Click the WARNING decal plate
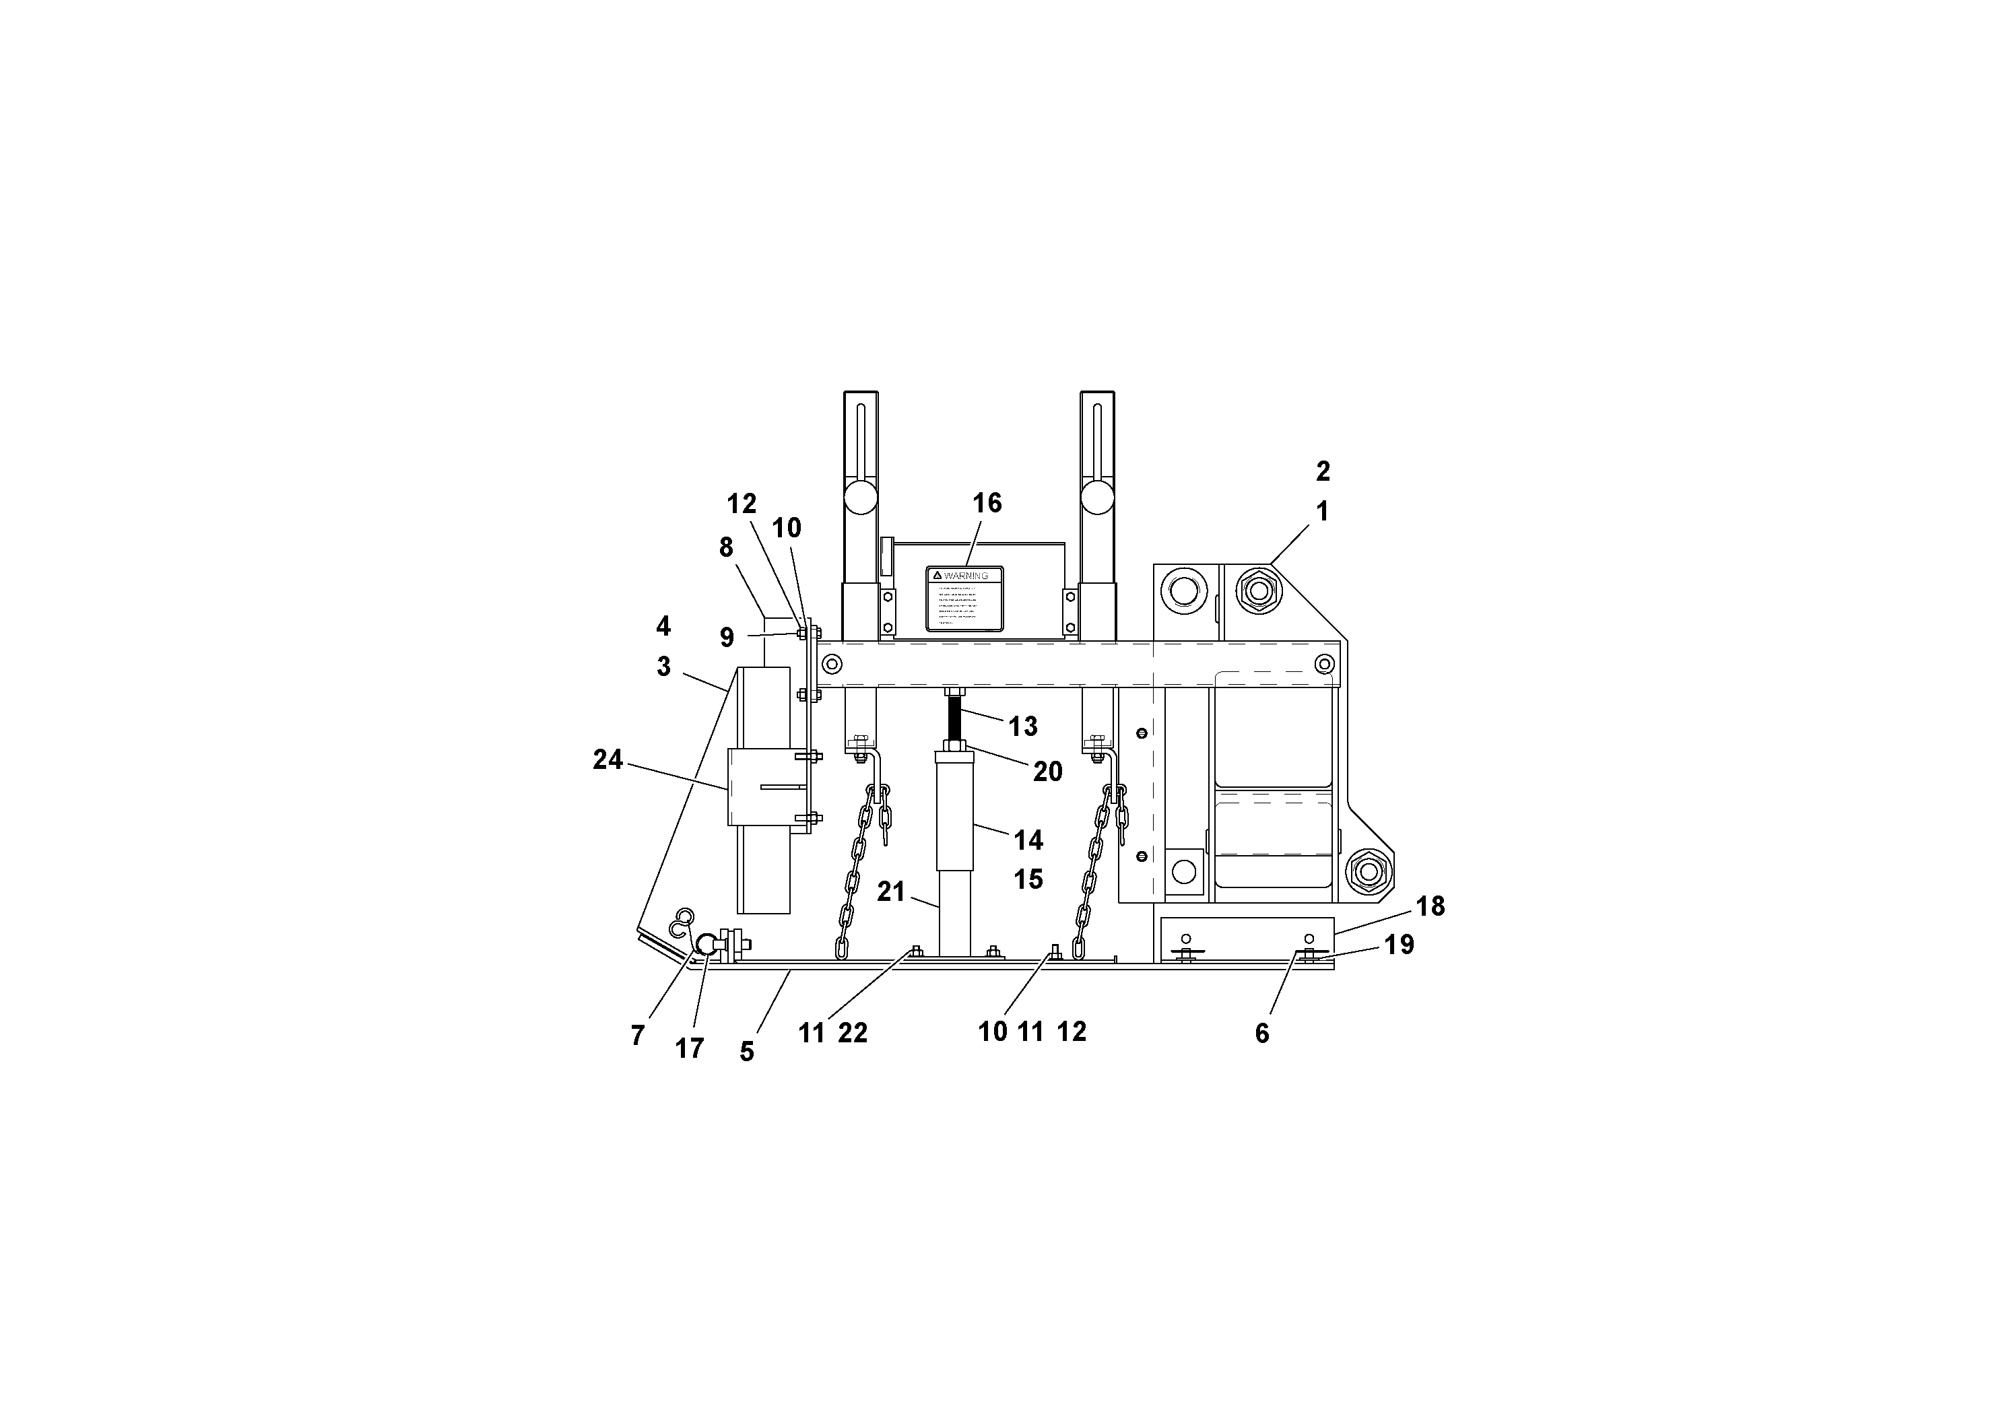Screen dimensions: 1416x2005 coord(964,598)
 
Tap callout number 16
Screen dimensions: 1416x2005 coord(987,503)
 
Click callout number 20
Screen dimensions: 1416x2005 coord(1047,771)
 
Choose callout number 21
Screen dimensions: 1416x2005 coord(891,891)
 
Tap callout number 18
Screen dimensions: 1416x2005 coord(1431,906)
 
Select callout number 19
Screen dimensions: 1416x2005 coord(1399,945)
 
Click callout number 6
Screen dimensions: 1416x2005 coord(1262,1034)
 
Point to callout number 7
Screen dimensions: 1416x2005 coord(638,1036)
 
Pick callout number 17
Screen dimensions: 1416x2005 coord(689,1048)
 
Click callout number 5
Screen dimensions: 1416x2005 coord(747,1052)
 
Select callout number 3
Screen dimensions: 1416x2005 coord(663,667)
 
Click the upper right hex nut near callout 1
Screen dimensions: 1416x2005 coord(1257,591)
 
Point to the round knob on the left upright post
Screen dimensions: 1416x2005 coord(860,498)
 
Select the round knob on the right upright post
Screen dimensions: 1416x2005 coord(1097,498)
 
